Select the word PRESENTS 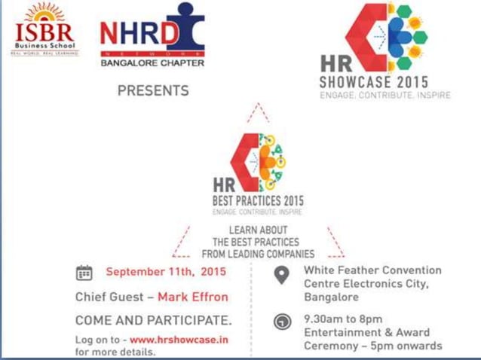[153, 90]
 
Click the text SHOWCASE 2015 [374, 82]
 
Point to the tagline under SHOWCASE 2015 [375, 96]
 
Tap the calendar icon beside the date [84, 273]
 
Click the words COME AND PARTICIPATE [154, 320]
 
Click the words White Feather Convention [372, 270]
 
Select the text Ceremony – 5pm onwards [372, 346]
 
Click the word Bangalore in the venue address [330, 297]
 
